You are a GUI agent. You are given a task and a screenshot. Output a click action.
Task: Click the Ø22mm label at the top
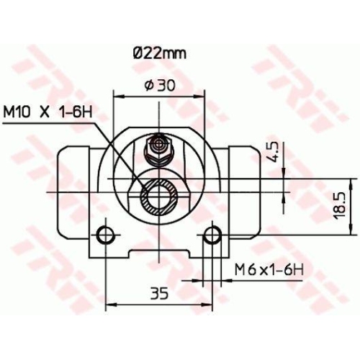158,53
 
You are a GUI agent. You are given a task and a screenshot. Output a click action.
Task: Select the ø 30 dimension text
160,85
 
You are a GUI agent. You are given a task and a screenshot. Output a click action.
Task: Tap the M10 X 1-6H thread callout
50,113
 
